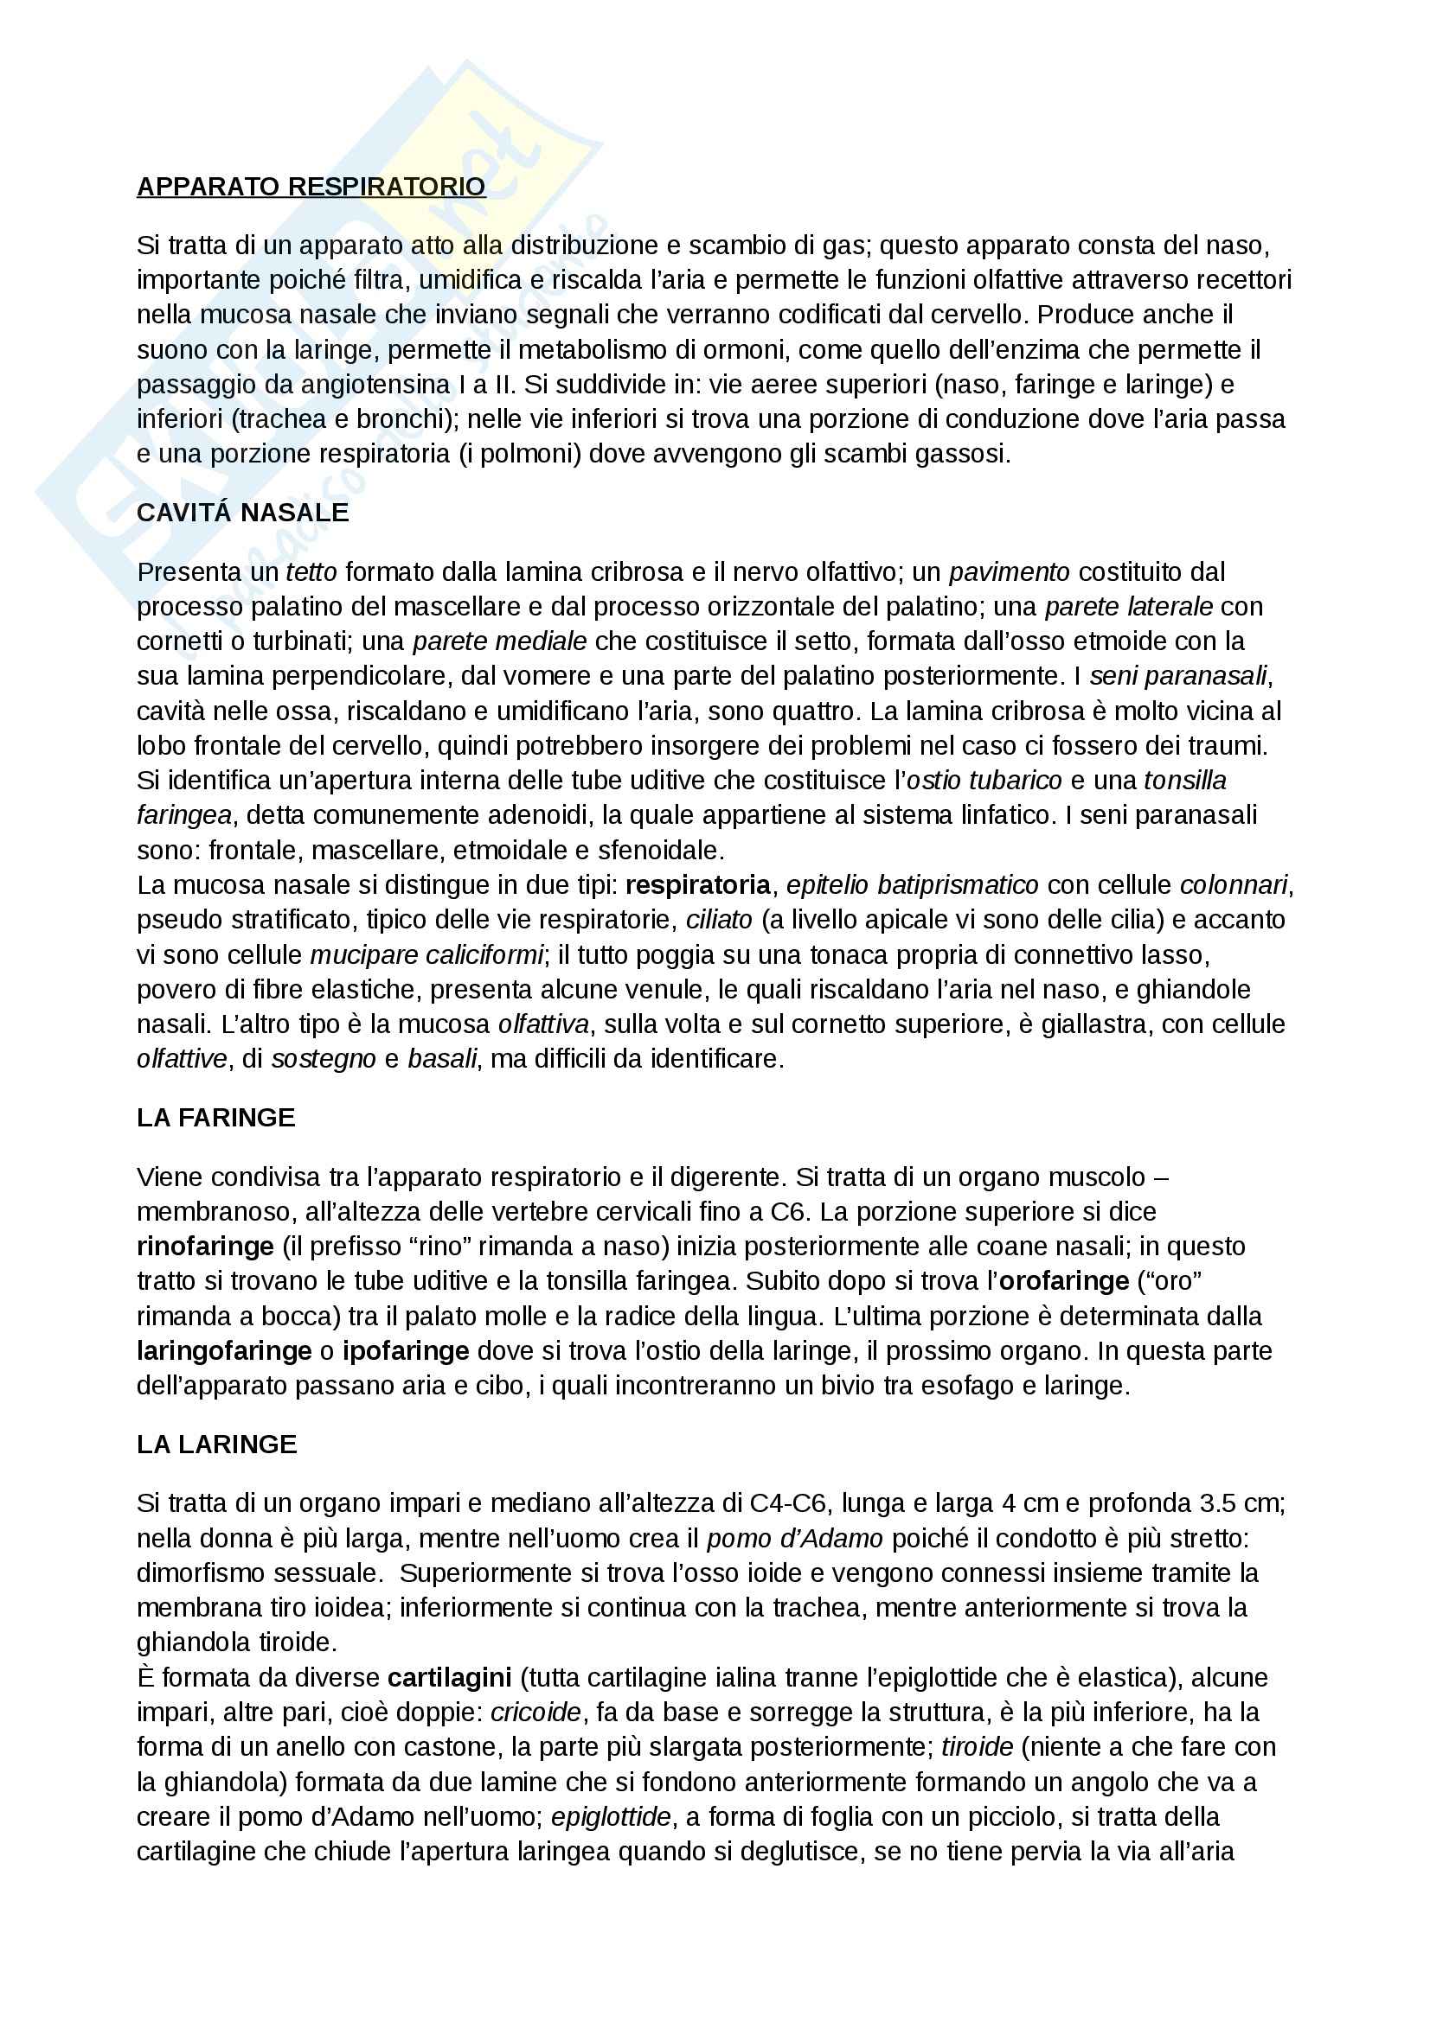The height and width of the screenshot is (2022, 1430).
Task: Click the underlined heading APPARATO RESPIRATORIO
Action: tap(311, 187)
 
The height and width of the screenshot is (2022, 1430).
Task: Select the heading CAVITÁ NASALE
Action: tap(242, 513)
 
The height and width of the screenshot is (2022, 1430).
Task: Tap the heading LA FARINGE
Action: tap(216, 1118)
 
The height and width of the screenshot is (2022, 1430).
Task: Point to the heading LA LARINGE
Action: tap(217, 1445)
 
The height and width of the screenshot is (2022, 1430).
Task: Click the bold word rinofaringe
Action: tap(205, 1247)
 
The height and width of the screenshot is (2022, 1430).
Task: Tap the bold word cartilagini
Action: tap(449, 1677)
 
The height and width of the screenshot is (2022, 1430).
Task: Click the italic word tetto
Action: tap(311, 572)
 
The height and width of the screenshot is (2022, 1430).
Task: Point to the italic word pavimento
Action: tap(1009, 572)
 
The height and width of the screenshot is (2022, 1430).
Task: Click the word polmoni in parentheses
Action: tap(527, 455)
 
